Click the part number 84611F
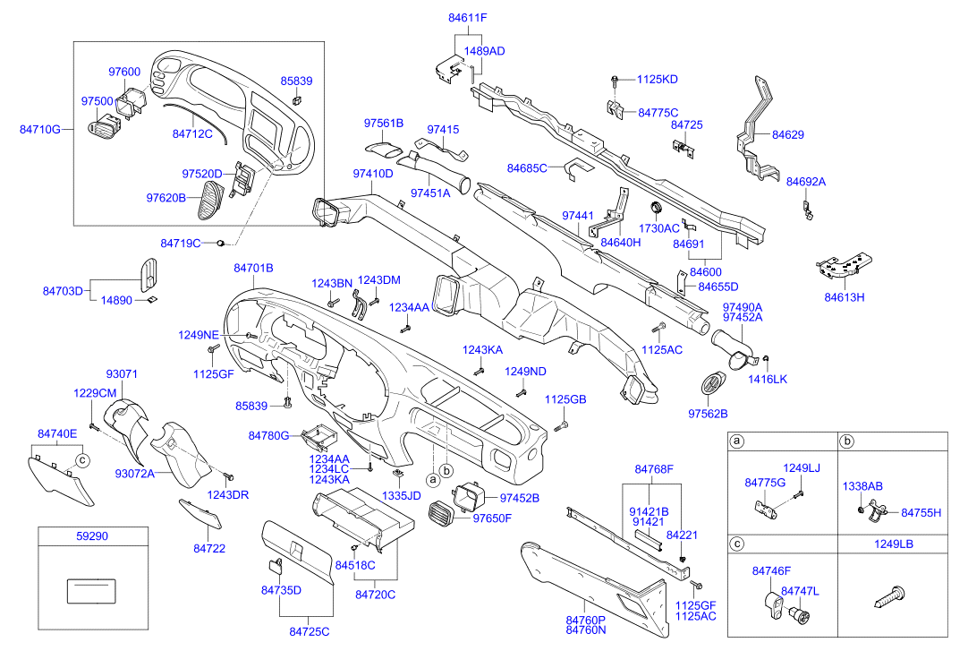(467, 17)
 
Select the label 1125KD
(658, 80)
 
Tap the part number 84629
(788, 135)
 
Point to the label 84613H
(845, 296)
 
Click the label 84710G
(40, 129)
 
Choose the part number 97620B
(166, 197)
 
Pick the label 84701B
(253, 268)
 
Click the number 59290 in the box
(93, 536)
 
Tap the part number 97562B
(708, 414)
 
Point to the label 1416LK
(768, 380)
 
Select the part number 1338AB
(862, 486)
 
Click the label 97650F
(492, 518)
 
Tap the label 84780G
(268, 436)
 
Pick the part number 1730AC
(660, 228)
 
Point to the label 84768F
(654, 469)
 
